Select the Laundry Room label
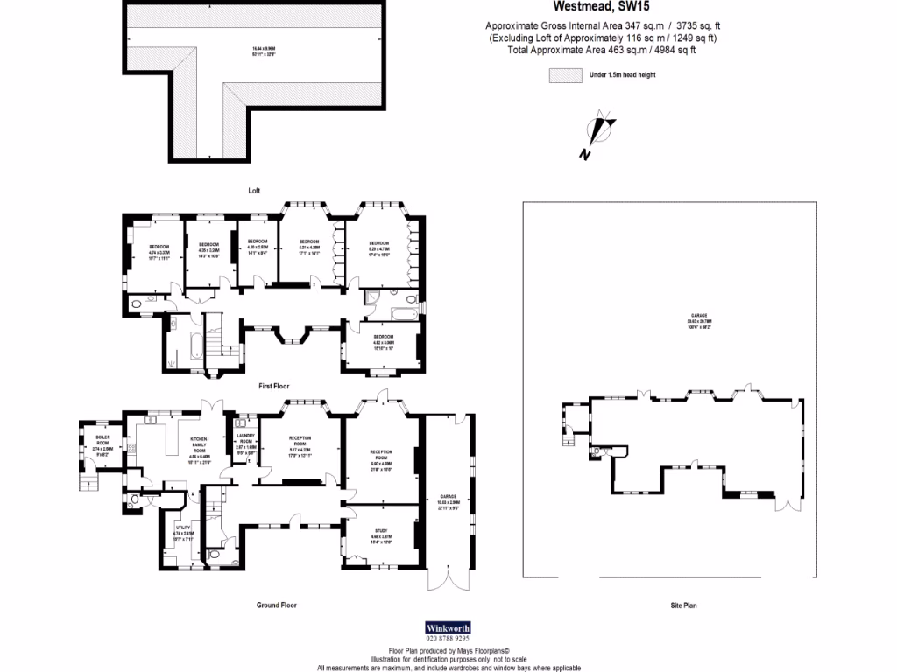tap(245, 444)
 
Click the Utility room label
tap(182, 530)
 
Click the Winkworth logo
tap(447, 627)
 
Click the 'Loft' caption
tap(254, 190)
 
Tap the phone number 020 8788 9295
tap(447, 640)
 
